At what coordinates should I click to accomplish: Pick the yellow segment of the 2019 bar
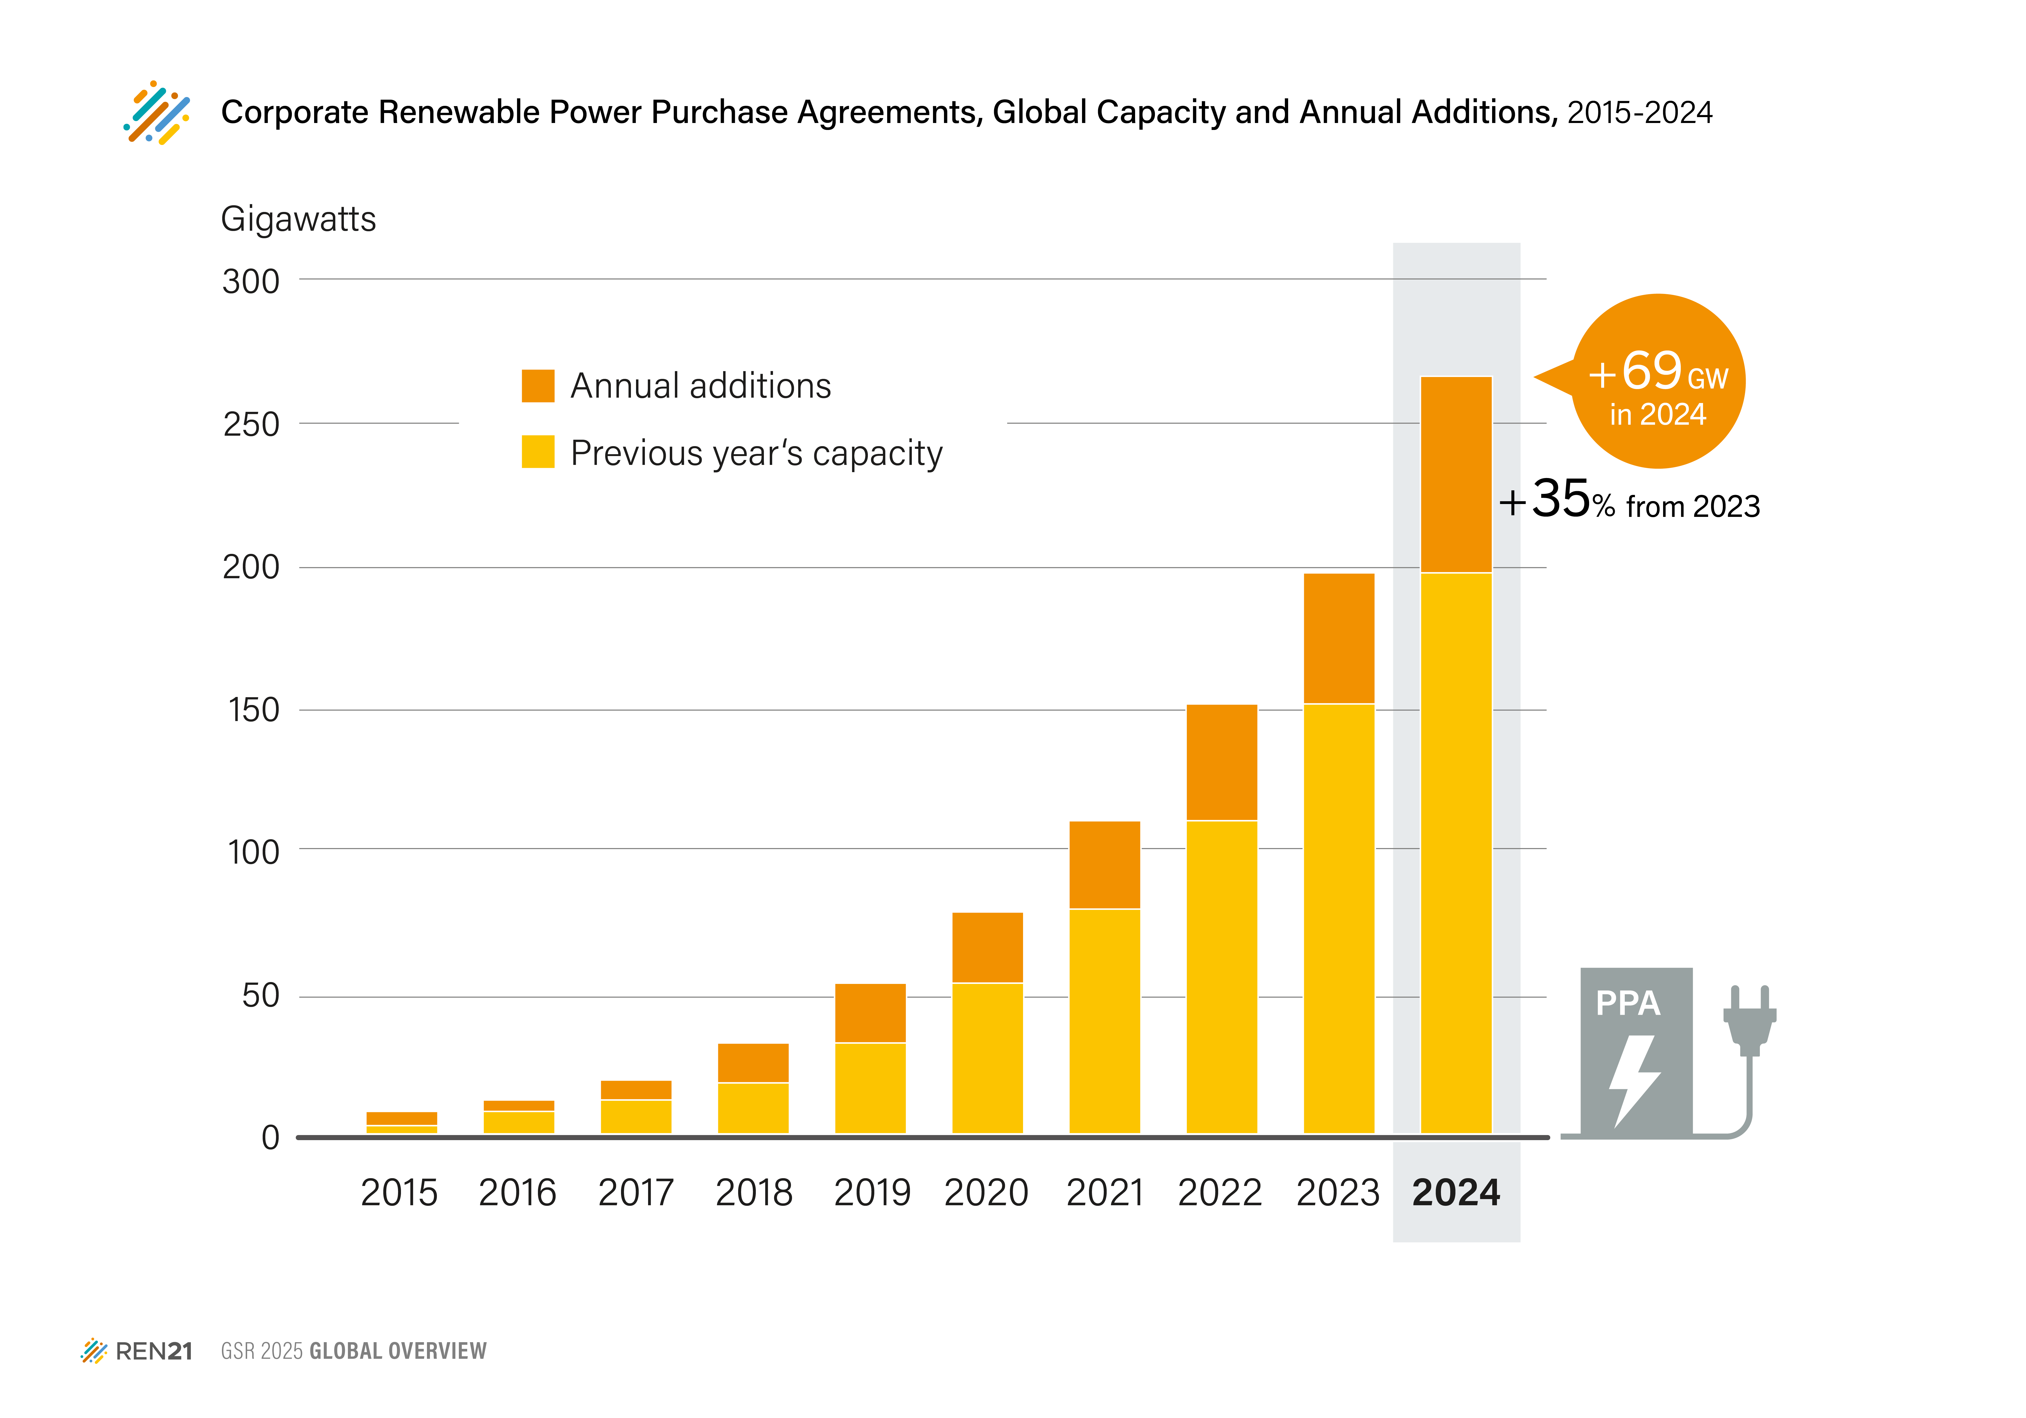pyautogui.click(x=870, y=1088)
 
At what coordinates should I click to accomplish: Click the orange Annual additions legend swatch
pyautogui.click(x=537, y=386)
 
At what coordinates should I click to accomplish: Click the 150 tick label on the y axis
pyautogui.click(x=253, y=710)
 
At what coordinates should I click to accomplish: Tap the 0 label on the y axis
pyautogui.click(x=270, y=1137)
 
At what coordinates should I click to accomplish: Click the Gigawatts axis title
pyautogui.click(x=298, y=219)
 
